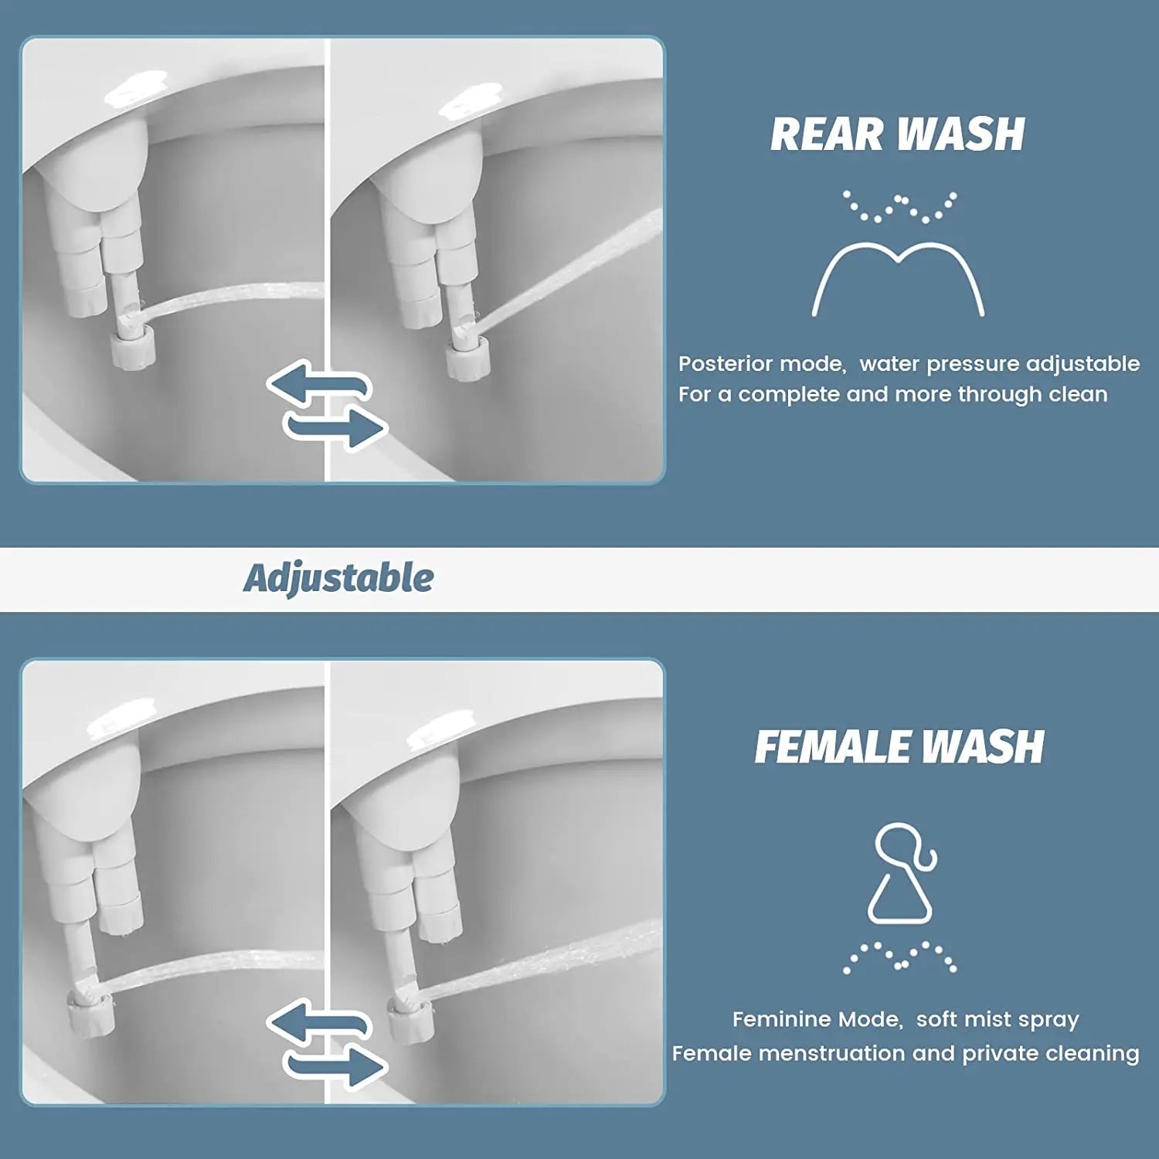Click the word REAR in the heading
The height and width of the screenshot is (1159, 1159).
click(827, 134)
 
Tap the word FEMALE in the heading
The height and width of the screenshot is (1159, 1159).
click(831, 748)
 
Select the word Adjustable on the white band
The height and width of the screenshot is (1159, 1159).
click(338, 578)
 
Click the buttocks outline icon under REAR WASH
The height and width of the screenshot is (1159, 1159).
click(898, 278)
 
